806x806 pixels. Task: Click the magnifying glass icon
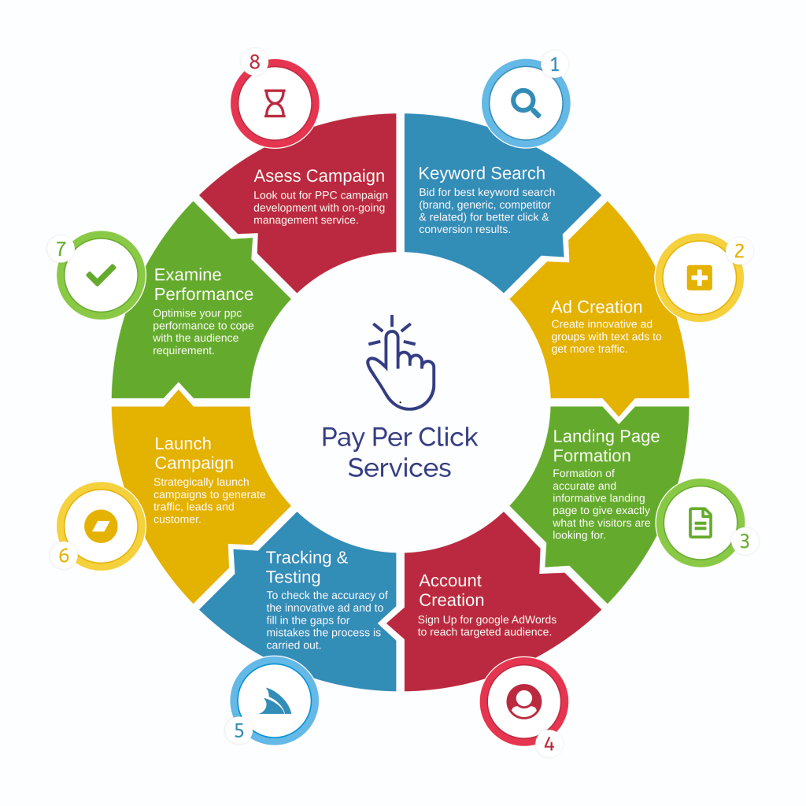tap(526, 102)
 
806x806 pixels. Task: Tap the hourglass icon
tap(275, 103)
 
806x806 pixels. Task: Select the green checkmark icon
tap(101, 275)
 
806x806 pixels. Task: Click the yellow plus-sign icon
tap(699, 277)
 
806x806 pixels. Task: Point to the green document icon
tap(700, 523)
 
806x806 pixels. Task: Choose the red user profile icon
tap(524, 701)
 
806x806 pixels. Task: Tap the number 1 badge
tap(554, 65)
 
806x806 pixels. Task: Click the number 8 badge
tap(254, 61)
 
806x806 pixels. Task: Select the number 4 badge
tap(549, 744)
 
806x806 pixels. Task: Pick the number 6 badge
tap(64, 556)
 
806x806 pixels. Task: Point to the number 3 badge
tap(744, 542)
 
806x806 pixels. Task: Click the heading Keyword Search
tap(482, 173)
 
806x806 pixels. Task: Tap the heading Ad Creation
tap(597, 307)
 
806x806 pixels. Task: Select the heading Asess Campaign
tap(319, 176)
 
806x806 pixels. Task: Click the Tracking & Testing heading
tap(306, 567)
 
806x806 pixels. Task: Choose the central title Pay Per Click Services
tap(400, 452)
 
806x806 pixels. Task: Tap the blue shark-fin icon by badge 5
tap(275, 701)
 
